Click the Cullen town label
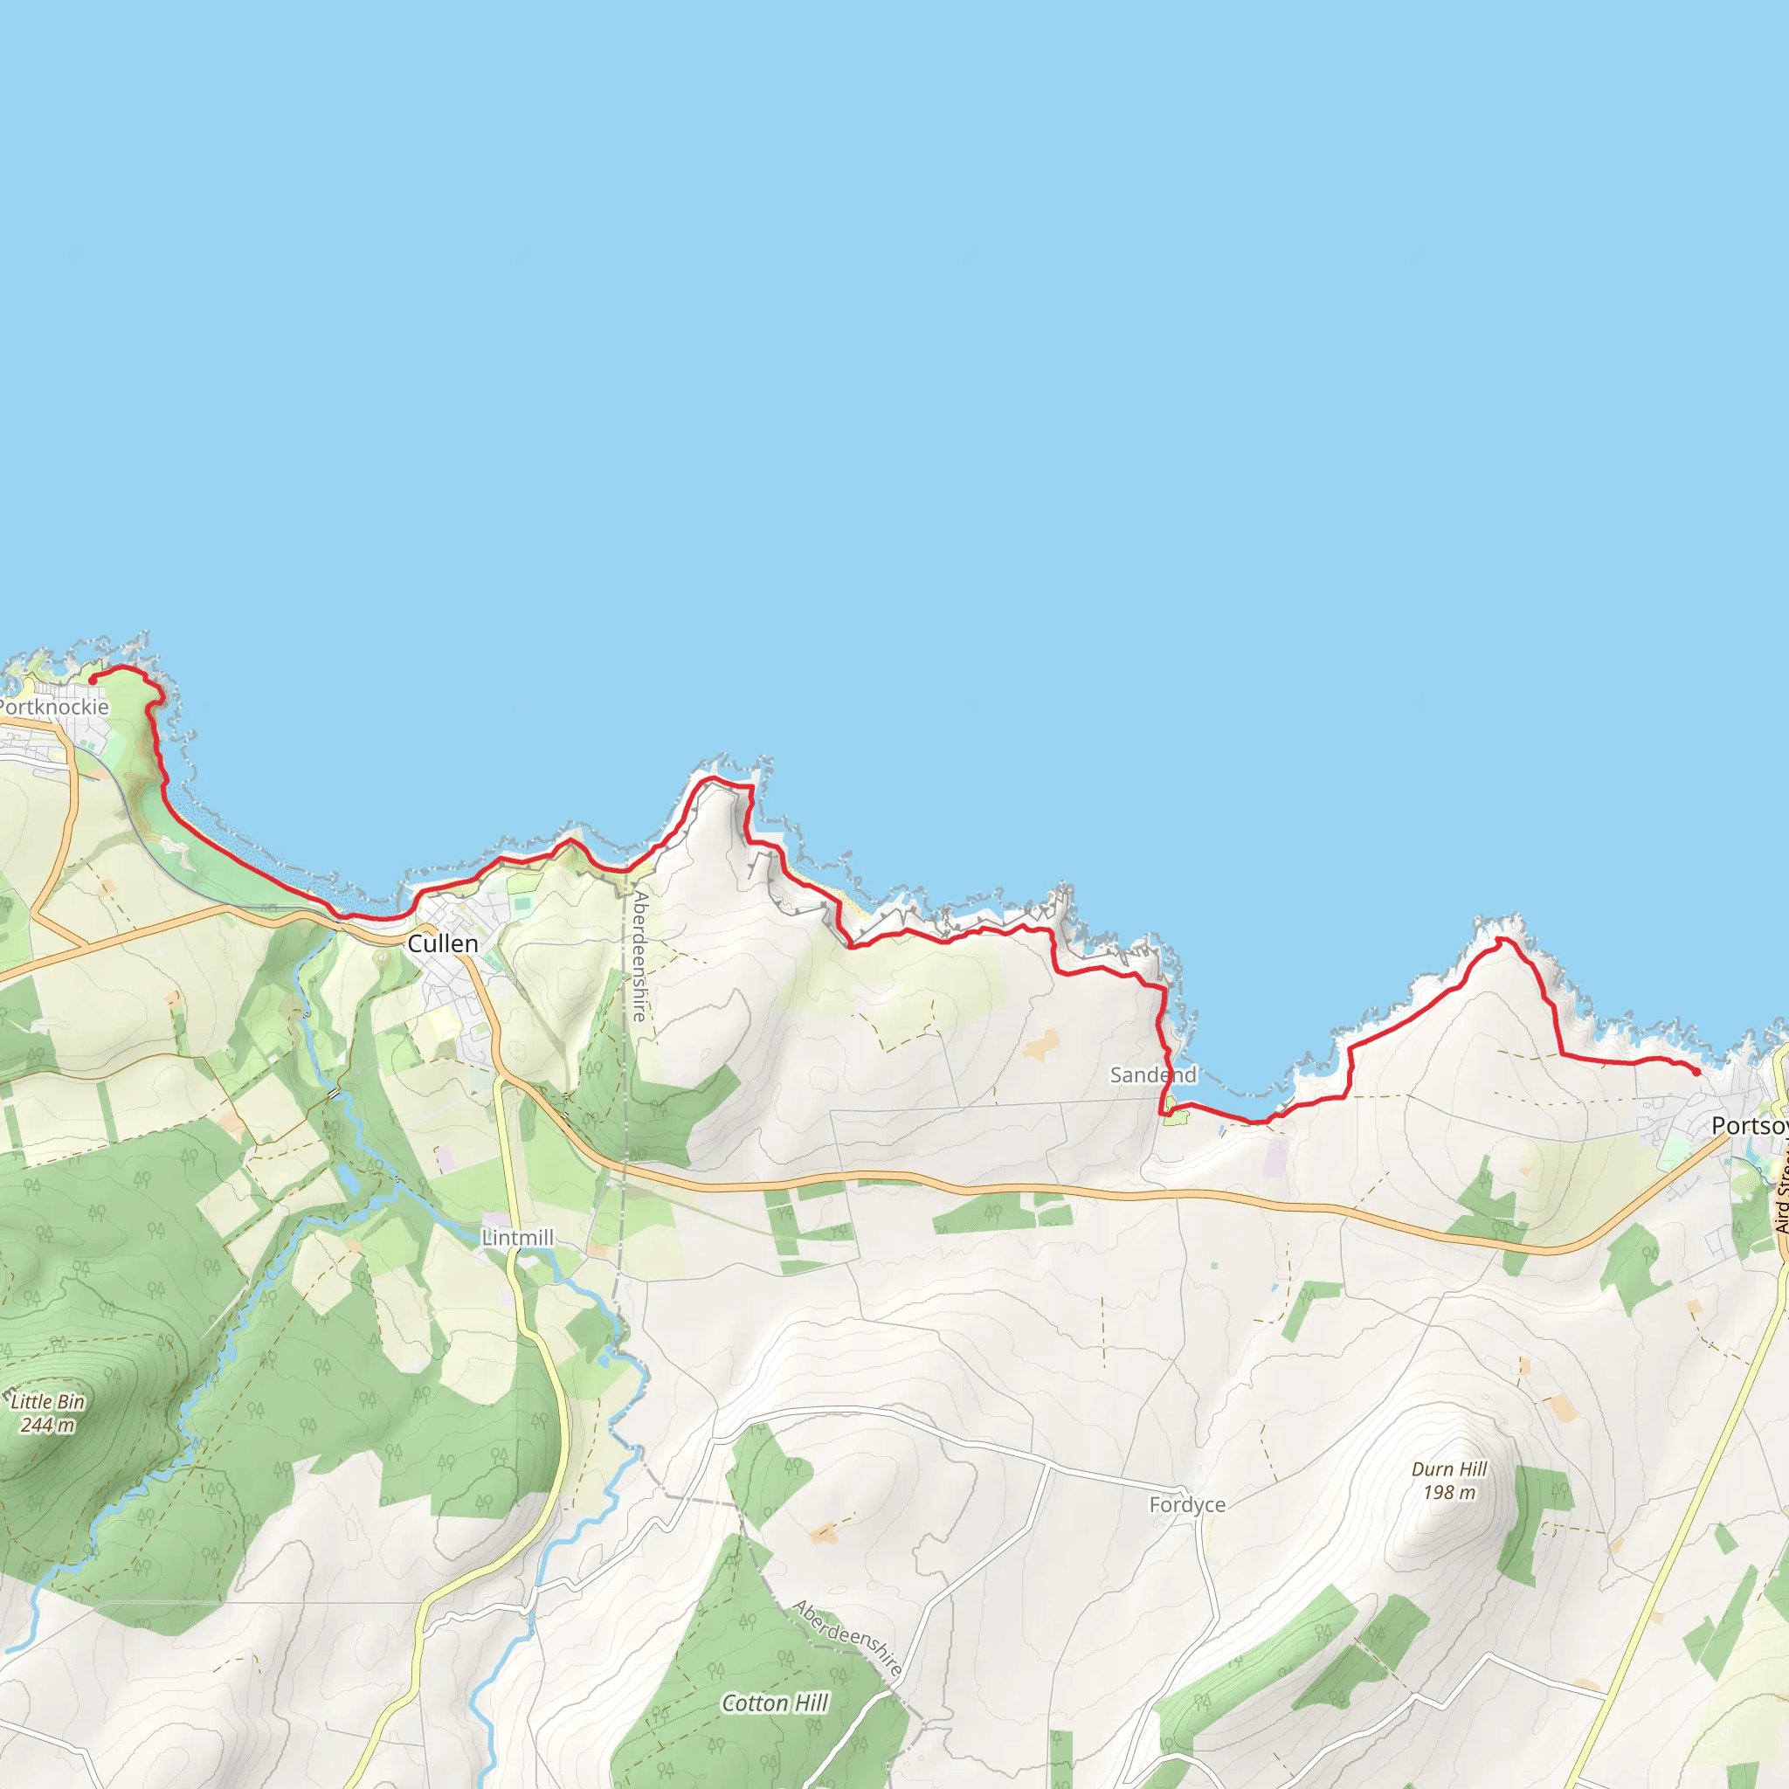443,943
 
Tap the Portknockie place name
53,708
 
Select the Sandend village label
1153,1075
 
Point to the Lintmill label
517,1238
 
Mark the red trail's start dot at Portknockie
93,680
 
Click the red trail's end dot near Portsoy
1696,1073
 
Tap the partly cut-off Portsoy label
1749,1126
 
